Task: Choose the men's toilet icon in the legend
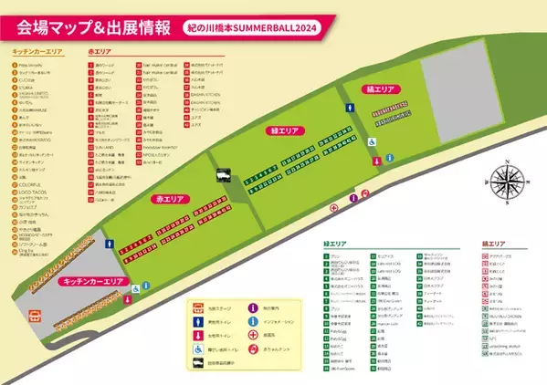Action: click(x=197, y=321)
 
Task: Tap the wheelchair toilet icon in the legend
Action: click(x=197, y=349)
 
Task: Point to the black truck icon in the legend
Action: click(x=197, y=365)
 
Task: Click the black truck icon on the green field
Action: click(x=222, y=176)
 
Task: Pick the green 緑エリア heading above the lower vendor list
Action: click(x=336, y=244)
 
